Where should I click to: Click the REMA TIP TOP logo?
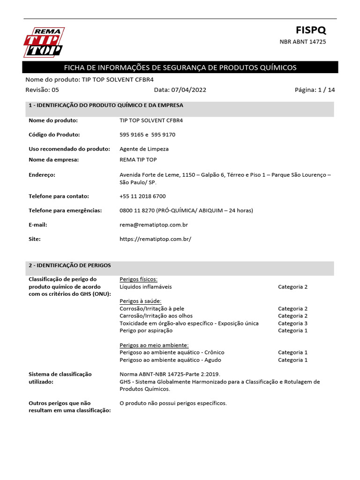[x=44, y=42]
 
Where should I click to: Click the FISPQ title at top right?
[x=310, y=30]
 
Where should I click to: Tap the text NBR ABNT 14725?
[x=303, y=42]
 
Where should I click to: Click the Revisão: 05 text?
[x=42, y=90]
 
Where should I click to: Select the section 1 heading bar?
[x=180, y=105]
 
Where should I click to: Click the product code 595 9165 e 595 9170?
[x=148, y=135]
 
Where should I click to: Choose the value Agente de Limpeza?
[x=144, y=149]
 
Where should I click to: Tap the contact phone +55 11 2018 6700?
[x=142, y=196]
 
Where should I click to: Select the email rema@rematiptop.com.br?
[x=154, y=225]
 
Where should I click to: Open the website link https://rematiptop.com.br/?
[x=156, y=239]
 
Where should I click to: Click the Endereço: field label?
[x=42, y=175]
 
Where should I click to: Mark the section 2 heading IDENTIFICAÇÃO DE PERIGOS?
[x=70, y=265]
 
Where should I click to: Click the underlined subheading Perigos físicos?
[x=139, y=279]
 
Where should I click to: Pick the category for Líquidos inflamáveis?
[x=292, y=287]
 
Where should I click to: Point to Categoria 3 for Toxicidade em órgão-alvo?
[x=292, y=323]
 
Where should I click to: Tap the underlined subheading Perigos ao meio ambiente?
[x=154, y=345]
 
